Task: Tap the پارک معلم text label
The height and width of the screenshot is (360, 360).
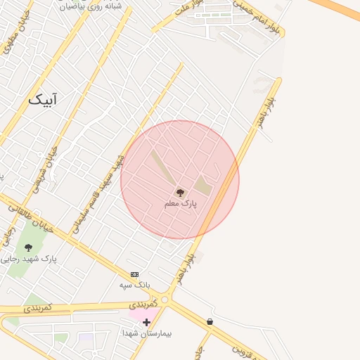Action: click(181, 204)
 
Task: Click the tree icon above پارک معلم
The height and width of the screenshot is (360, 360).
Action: click(180, 192)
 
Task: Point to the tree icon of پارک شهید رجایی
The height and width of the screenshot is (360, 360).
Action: click(28, 247)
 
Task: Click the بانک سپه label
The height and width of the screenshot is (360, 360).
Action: click(134, 285)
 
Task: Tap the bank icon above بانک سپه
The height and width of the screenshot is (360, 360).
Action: click(134, 274)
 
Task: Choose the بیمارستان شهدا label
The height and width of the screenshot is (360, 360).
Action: click(147, 333)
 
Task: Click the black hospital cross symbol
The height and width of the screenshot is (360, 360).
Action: click(146, 323)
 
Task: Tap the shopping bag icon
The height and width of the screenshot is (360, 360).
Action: click(210, 321)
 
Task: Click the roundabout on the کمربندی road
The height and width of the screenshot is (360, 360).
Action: click(165, 300)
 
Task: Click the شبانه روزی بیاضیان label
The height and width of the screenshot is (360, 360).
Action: click(91, 6)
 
